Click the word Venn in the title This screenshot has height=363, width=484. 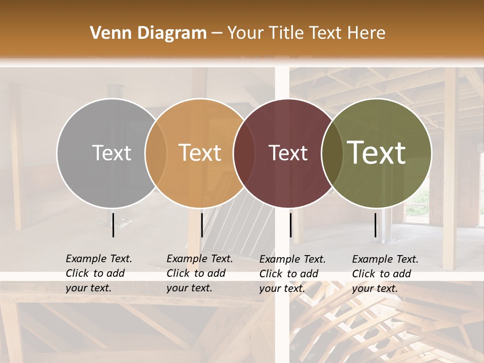point(106,33)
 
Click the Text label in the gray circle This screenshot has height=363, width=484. point(111,153)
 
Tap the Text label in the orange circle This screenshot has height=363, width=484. point(200,153)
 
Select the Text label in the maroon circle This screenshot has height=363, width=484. point(288,153)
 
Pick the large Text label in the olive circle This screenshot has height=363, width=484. point(377,153)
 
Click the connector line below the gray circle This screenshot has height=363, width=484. point(113,225)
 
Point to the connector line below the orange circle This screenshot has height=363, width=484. point(202,225)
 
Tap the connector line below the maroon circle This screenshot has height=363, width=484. point(290,225)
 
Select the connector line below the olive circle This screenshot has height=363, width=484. point(375,225)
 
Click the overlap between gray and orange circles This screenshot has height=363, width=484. point(156,153)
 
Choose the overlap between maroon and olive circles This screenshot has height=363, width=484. point(330,153)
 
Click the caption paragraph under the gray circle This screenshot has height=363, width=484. point(98,273)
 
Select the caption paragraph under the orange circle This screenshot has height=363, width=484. point(199,273)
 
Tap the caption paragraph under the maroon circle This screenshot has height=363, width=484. point(292,274)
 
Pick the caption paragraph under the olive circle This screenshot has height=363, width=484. point(385,274)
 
